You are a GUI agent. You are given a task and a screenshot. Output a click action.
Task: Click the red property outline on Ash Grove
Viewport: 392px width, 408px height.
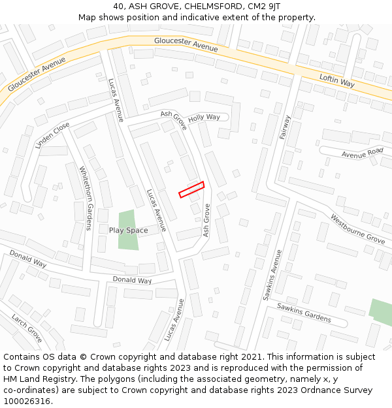(191, 189)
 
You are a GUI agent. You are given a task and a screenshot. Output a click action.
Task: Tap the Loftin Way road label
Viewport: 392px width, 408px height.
(336, 80)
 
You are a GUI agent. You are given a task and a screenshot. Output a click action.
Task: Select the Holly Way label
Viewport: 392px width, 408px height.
(204, 118)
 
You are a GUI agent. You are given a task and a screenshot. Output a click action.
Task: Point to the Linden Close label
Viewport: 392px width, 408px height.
(52, 136)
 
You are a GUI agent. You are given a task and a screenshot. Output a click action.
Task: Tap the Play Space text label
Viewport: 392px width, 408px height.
(128, 230)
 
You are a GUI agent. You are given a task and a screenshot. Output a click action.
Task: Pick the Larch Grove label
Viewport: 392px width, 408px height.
(26, 328)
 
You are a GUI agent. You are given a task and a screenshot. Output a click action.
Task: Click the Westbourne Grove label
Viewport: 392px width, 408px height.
(357, 228)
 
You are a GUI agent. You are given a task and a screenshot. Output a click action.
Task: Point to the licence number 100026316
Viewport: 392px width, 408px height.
(28, 401)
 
